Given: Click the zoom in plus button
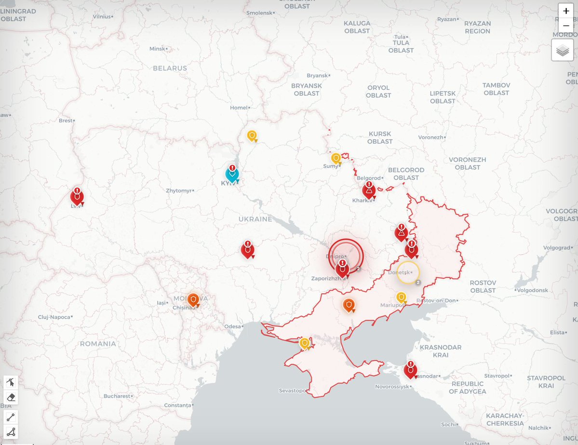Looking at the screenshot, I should point(566,11).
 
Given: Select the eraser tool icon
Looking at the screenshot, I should point(11,397).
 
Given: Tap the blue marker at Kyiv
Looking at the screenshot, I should point(232,174).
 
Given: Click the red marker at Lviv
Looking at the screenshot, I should point(77,197).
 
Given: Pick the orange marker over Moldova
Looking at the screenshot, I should point(193,300).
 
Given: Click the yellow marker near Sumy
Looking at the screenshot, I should point(336,158).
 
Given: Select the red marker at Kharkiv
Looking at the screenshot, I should point(369,191).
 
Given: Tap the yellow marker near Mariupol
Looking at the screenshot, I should point(401,298).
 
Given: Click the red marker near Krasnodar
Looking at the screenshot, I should point(410,370).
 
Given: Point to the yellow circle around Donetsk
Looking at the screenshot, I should point(408,273).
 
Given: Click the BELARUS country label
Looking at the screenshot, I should point(170,68).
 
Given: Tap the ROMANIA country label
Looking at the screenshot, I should point(98,344).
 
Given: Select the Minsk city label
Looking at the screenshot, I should point(157,49).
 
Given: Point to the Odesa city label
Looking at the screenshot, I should point(232,327).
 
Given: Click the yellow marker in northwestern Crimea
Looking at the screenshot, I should point(305,343).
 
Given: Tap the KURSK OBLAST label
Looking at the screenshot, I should point(380,137).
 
